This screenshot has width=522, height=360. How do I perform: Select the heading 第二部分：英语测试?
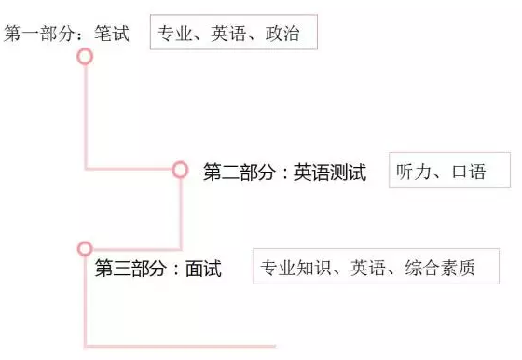[284, 173]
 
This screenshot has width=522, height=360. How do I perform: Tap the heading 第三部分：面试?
[158, 270]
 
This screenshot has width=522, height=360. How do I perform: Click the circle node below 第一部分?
[85, 57]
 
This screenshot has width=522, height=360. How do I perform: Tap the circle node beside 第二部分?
[180, 170]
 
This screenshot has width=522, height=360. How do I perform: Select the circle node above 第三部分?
[85, 248]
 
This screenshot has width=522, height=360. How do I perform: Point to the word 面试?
[203, 270]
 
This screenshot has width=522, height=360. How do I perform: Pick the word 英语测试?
[330, 173]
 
